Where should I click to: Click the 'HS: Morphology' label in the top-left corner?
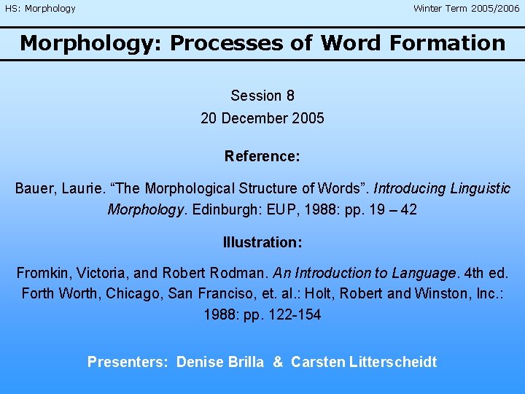pyautogui.click(x=40, y=9)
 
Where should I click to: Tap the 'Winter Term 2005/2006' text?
pyautogui.click(x=467, y=9)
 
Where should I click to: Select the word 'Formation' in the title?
pyautogui.click(x=447, y=43)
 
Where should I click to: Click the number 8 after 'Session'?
pyautogui.click(x=290, y=96)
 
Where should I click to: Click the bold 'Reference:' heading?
pyautogui.click(x=262, y=156)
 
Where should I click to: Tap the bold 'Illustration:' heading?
pyautogui.click(x=262, y=242)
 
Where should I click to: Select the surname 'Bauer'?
pyautogui.click(x=34, y=188)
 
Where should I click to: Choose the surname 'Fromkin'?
pyautogui.click(x=42, y=274)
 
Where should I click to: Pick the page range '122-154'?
pyautogui.click(x=295, y=315)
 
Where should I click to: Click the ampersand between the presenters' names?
pyautogui.click(x=278, y=362)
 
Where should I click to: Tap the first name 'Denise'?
pyautogui.click(x=200, y=362)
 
